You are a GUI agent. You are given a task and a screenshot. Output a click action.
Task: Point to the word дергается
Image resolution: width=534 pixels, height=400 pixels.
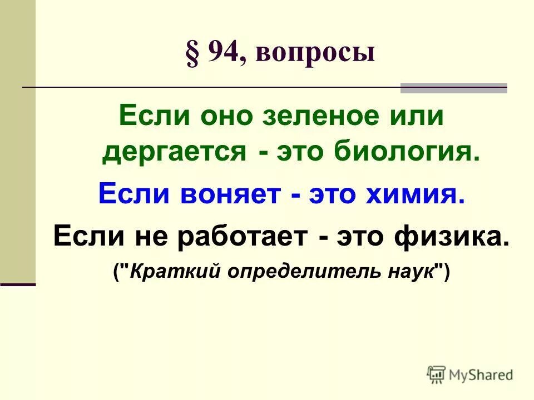(174, 151)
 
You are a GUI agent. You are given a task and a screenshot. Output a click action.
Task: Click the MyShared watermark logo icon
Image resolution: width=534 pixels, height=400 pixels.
(437, 374)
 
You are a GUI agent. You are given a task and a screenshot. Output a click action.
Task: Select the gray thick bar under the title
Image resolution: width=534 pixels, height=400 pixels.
(453, 88)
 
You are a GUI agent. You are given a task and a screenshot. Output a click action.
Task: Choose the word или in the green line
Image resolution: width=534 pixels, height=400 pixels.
(419, 117)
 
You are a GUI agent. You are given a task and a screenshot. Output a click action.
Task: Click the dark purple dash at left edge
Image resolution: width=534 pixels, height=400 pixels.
(18, 284)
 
